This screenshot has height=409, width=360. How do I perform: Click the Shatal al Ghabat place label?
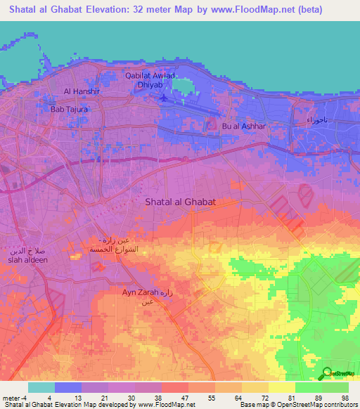(179, 202)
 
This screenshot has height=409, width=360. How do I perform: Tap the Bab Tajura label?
(68, 109)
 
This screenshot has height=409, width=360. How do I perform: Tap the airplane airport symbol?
(164, 98)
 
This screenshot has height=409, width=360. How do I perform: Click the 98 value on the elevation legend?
(344, 398)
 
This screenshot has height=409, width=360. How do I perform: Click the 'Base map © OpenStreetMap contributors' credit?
(297, 405)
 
